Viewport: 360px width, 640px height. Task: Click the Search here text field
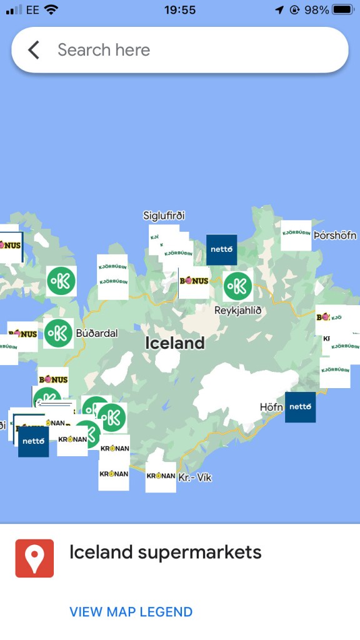tap(187, 50)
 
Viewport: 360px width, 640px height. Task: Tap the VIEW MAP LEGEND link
tap(131, 612)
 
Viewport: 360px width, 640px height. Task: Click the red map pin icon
tap(34, 558)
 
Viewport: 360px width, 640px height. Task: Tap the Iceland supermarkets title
tap(165, 552)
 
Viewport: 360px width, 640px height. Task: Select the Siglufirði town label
tap(164, 216)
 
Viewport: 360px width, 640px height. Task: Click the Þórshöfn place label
tap(335, 236)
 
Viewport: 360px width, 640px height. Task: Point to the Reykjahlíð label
tap(237, 310)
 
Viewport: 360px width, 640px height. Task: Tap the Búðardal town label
tap(97, 333)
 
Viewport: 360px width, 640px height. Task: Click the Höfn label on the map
tap(272, 407)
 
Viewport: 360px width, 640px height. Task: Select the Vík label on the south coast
tap(195, 477)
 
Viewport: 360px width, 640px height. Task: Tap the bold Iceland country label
tap(175, 343)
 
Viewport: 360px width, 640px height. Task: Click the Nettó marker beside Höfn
tap(301, 407)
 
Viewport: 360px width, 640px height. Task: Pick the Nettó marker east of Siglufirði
tap(222, 250)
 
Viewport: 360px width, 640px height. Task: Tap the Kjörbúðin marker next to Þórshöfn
tap(296, 235)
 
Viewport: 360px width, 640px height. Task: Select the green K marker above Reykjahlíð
tap(237, 286)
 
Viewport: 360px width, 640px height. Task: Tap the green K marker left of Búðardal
tap(58, 333)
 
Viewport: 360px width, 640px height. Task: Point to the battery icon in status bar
tap(343, 10)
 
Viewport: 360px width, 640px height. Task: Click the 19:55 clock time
tap(180, 10)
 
